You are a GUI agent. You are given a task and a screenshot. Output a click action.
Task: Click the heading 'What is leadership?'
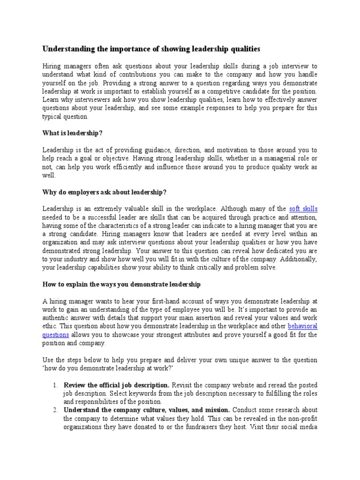(72, 133)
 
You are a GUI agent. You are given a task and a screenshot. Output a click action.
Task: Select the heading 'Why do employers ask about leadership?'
(104, 192)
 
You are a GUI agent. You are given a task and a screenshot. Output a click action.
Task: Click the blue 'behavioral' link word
(302, 326)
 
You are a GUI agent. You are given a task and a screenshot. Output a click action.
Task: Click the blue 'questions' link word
(56, 335)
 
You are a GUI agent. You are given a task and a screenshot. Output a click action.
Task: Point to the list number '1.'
(55, 385)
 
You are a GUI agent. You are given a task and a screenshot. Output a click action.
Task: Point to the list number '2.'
(55, 410)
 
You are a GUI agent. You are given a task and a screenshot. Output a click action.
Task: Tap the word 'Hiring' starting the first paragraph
(52, 66)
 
